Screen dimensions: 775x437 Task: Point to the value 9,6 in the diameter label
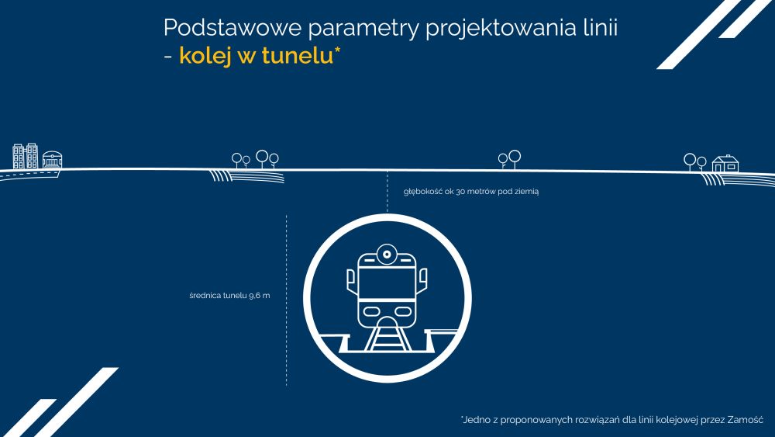(x=254, y=296)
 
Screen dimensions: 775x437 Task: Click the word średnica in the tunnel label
(x=205, y=296)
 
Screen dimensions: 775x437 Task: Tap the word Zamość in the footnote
(x=746, y=420)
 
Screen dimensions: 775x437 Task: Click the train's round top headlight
(x=387, y=255)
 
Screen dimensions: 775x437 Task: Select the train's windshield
(x=387, y=283)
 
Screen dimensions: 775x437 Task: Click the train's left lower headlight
(x=372, y=312)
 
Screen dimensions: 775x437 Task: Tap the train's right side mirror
(x=422, y=280)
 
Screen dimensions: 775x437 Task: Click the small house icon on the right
(x=725, y=163)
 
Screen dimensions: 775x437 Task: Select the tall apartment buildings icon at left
(x=26, y=156)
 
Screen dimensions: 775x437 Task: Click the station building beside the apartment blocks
(x=52, y=160)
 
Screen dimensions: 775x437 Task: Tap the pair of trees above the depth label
(x=509, y=159)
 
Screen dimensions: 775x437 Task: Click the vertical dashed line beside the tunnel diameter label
(x=287, y=300)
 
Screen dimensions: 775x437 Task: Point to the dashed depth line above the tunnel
(x=387, y=192)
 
